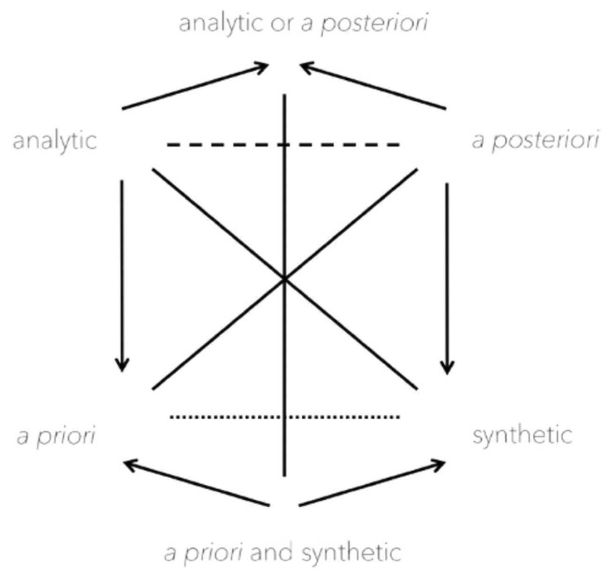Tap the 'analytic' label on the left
(55, 141)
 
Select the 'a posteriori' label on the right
(535, 141)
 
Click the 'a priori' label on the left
(56, 436)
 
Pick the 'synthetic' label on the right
(522, 436)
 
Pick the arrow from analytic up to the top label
(194, 88)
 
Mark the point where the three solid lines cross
(284, 279)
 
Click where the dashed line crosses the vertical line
(284, 145)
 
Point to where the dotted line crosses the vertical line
(284, 416)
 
